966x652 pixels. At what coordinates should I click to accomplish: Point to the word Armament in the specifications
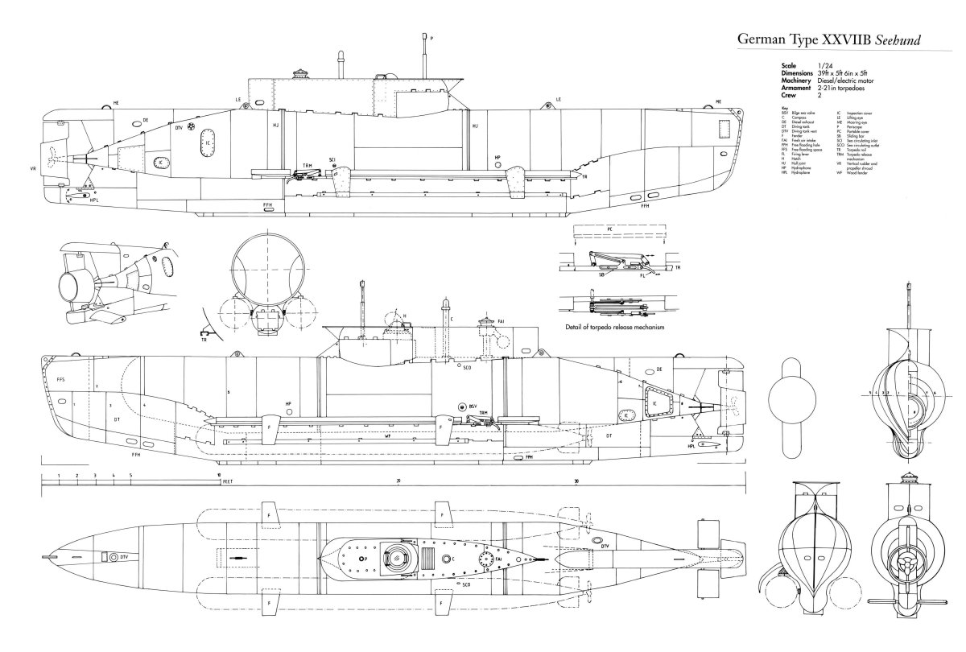point(789,88)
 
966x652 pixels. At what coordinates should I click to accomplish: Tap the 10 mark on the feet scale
point(219,476)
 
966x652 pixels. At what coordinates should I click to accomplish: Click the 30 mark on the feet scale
point(576,481)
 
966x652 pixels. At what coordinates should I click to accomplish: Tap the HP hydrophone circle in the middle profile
point(287,412)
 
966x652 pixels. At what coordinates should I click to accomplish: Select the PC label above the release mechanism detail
point(611,229)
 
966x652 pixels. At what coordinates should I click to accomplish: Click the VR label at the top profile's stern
point(33,169)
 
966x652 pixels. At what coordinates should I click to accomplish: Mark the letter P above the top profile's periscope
point(431,37)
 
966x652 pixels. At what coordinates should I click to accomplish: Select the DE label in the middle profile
point(659,369)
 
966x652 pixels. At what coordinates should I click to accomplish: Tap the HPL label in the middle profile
point(691,444)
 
